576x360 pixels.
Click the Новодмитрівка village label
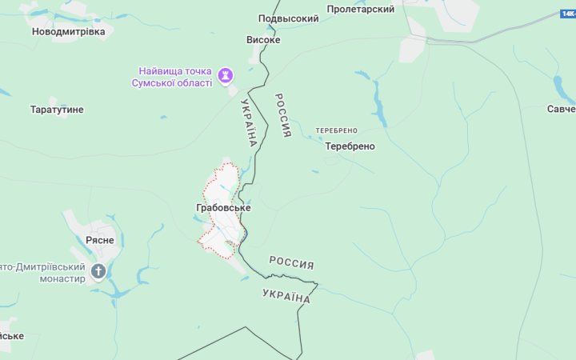click(x=68, y=31)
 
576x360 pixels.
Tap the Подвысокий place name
click(x=289, y=18)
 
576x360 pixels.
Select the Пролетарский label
click(x=361, y=9)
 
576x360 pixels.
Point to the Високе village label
click(x=263, y=38)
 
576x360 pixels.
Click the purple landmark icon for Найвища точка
click(x=226, y=75)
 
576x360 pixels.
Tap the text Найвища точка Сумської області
click(x=175, y=75)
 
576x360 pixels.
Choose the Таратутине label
click(x=57, y=110)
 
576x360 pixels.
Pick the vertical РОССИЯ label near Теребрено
click(x=282, y=115)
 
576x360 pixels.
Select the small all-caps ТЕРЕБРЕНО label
click(x=336, y=130)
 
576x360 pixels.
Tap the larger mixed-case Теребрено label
click(x=350, y=146)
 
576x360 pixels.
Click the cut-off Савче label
click(x=561, y=109)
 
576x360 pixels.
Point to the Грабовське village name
click(x=223, y=208)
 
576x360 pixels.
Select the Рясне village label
click(x=100, y=240)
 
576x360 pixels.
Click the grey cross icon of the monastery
click(x=98, y=271)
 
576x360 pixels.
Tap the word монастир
click(x=58, y=279)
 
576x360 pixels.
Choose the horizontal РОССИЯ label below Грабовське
click(x=291, y=262)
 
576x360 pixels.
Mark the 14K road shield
click(x=568, y=14)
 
